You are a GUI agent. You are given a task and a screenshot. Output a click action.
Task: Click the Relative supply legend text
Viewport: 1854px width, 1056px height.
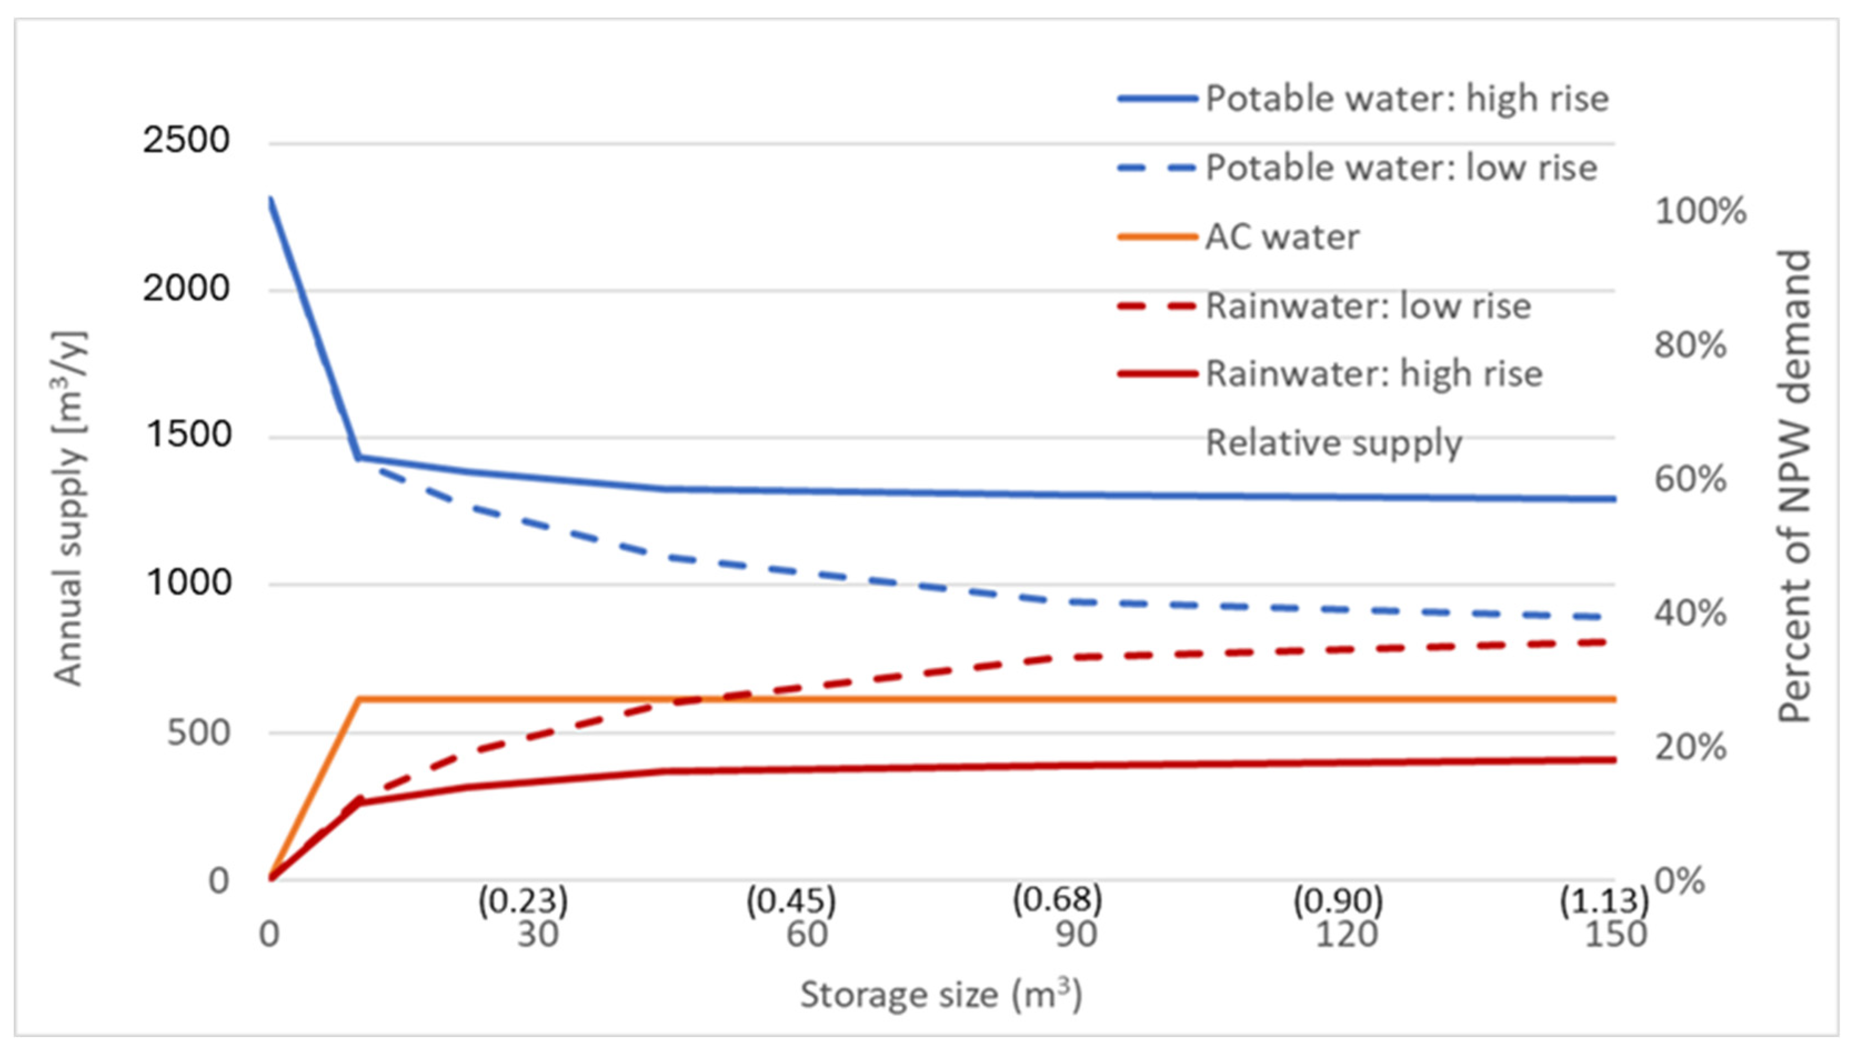click(x=1333, y=442)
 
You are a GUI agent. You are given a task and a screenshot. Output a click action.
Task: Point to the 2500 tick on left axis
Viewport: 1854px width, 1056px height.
click(x=185, y=139)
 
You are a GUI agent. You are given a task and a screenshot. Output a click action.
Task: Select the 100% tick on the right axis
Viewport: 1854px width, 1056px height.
click(x=1700, y=211)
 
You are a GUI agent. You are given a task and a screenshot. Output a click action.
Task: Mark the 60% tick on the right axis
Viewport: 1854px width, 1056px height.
click(x=1690, y=479)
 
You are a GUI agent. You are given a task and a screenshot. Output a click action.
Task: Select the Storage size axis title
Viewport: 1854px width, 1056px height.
click(x=941, y=994)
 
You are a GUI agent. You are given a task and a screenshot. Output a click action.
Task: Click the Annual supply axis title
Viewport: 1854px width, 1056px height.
click(x=69, y=507)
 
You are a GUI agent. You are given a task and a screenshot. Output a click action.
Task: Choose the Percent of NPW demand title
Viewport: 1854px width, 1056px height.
click(x=1794, y=486)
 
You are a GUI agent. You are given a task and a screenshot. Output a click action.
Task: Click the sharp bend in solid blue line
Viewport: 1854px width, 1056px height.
click(x=358, y=457)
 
